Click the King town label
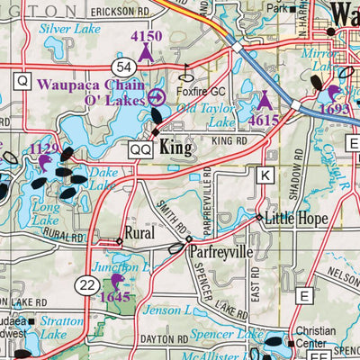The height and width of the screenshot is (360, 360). [176, 148]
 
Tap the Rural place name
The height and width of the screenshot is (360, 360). [140, 232]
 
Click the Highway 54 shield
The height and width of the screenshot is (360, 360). [124, 68]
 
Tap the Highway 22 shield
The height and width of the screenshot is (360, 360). [86, 284]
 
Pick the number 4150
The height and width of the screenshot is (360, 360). [146, 37]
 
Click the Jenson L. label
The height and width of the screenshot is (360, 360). [166, 310]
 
